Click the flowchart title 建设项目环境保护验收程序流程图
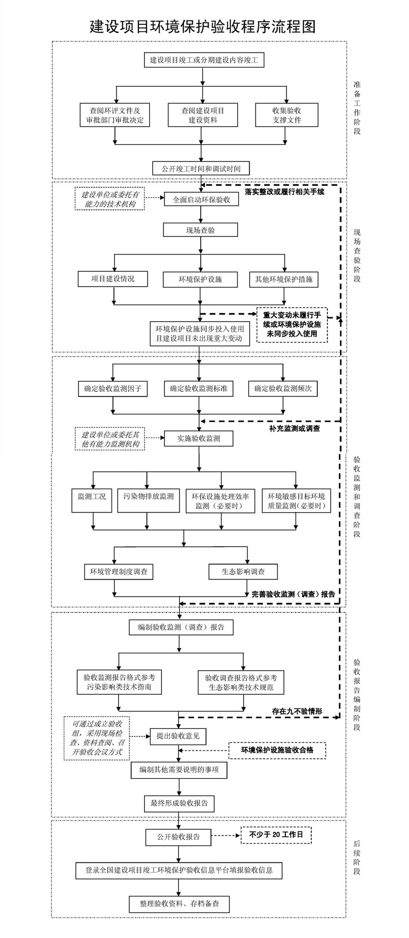(x=202, y=26)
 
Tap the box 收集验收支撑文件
(x=286, y=115)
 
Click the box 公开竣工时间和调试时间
(x=201, y=169)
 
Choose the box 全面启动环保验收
(x=201, y=200)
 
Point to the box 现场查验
(x=200, y=230)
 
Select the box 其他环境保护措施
(x=284, y=279)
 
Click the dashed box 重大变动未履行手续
(x=292, y=324)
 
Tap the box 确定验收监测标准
(x=199, y=389)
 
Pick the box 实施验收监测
(x=199, y=439)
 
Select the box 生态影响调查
(x=243, y=572)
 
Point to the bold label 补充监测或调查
(x=294, y=429)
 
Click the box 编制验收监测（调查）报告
(x=181, y=627)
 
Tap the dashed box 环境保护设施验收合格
(x=277, y=750)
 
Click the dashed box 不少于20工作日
(x=276, y=834)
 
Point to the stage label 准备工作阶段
(x=357, y=108)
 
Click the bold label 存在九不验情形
(x=297, y=711)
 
